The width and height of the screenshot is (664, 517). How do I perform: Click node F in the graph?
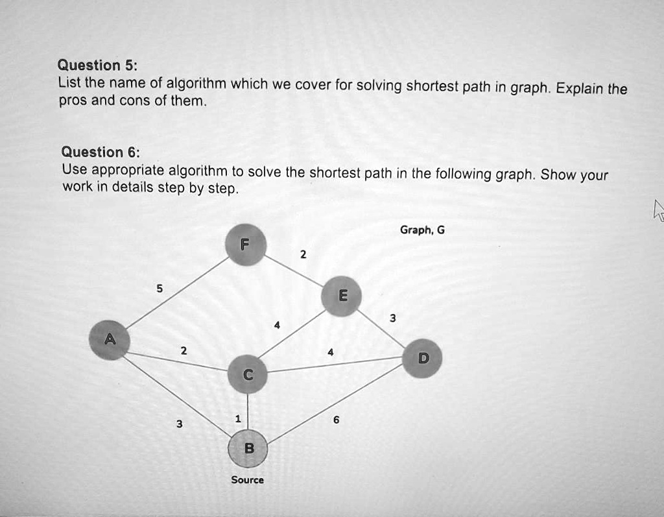pos(246,245)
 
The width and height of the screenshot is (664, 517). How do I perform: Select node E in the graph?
pos(341,296)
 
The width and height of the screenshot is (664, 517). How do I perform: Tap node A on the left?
pos(109,340)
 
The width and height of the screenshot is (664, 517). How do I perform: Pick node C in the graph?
pos(248,374)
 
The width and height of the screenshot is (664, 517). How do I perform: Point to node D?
pos(422,359)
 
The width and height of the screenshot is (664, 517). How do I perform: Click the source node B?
pos(248,448)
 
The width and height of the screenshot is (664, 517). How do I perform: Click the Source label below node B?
pos(247,480)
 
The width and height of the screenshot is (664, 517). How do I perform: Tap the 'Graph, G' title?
pos(422,230)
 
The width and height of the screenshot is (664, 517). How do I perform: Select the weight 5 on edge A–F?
pos(160,289)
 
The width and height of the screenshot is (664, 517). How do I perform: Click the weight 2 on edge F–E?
pos(303,255)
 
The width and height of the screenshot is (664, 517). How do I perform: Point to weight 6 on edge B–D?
pos(337,420)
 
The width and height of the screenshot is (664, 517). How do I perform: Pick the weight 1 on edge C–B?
pos(238,419)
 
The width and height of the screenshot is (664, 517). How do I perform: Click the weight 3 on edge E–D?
pos(393,319)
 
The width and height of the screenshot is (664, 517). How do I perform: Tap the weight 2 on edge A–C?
pos(184,351)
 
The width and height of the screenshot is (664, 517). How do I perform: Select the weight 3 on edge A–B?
pos(180,424)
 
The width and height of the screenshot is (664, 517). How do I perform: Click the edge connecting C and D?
pos(335,365)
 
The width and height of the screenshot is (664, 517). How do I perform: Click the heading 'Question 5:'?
pos(97,66)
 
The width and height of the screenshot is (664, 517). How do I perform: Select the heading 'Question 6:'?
pos(101,152)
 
